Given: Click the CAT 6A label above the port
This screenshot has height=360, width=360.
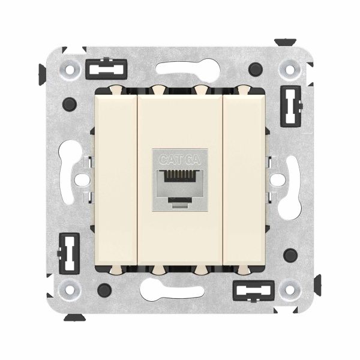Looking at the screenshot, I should [x=180, y=159].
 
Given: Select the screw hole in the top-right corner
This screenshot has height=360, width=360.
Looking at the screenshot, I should [x=290, y=70].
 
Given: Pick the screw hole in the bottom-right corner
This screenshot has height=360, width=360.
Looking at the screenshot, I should [x=289, y=289].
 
